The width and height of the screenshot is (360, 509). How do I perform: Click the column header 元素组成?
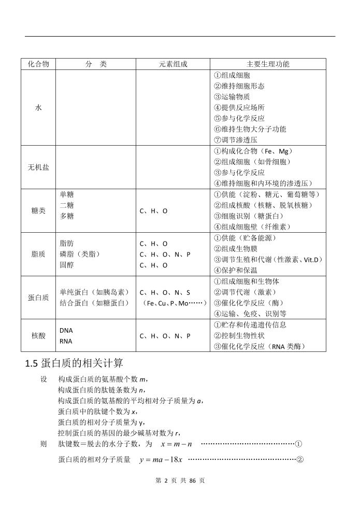tap(173, 64)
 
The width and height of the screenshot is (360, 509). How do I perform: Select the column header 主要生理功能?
tap(268, 64)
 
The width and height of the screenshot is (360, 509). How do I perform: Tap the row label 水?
tap(38, 108)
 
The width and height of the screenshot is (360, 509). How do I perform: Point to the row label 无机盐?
tap(38, 168)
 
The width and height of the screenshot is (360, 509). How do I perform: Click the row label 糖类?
tap(38, 211)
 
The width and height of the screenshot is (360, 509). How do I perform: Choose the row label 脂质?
tap(38, 254)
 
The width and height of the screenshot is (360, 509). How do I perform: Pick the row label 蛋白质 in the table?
tap(38, 298)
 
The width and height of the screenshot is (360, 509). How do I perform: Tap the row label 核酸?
tap(38, 336)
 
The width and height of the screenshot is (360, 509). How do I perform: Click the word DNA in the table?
tap(66, 331)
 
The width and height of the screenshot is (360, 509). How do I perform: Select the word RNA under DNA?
tap(66, 341)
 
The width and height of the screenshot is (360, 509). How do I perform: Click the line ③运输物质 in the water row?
tap(232, 97)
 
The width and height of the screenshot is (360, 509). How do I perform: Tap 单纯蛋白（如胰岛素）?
tap(94, 292)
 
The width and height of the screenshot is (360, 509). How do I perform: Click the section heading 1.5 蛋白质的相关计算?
tap(74, 363)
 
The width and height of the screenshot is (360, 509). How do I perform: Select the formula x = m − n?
tap(176, 444)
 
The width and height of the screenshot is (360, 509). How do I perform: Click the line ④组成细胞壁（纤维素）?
tap(253, 227)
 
